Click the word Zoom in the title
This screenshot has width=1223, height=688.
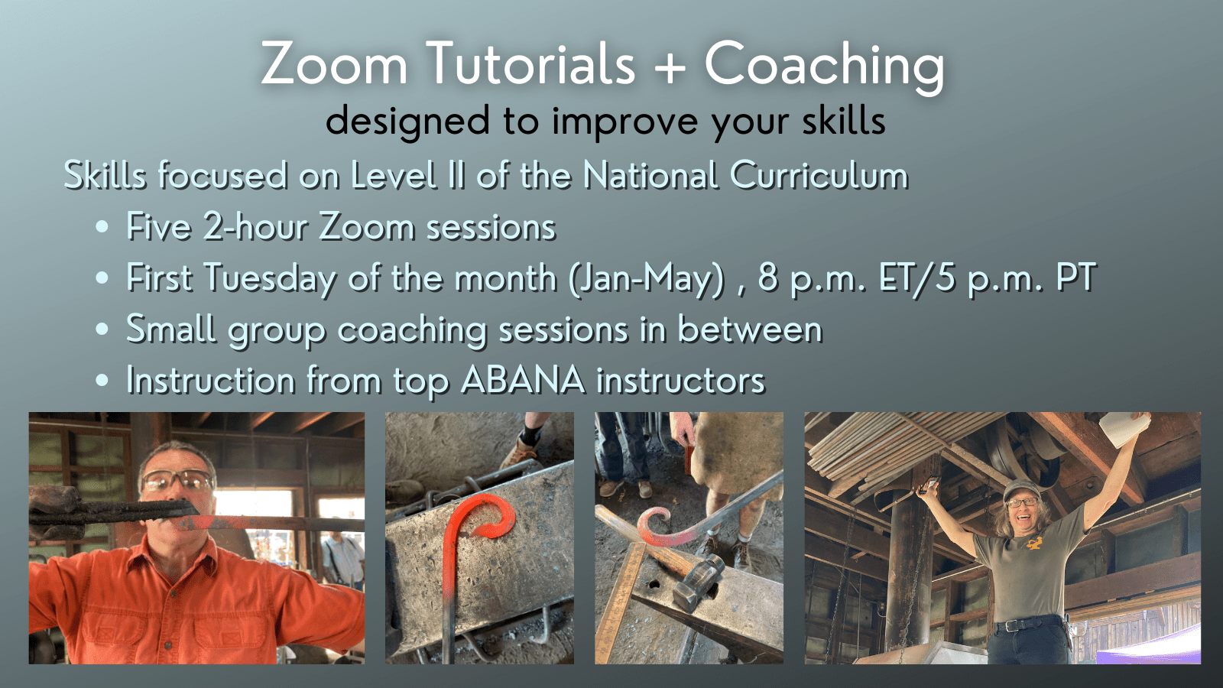(x=334, y=64)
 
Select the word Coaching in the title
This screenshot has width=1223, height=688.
(x=825, y=67)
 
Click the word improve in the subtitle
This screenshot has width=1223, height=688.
(x=624, y=122)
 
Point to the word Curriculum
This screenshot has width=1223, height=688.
(x=819, y=176)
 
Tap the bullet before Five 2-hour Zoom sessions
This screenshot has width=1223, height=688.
(x=102, y=226)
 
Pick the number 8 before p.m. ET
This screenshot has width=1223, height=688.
(x=767, y=277)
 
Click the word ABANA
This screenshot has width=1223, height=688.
(x=523, y=380)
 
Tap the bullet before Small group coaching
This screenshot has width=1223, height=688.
(x=102, y=329)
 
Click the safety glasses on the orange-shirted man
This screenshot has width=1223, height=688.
(x=177, y=481)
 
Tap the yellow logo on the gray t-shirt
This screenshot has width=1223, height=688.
(x=1033, y=543)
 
